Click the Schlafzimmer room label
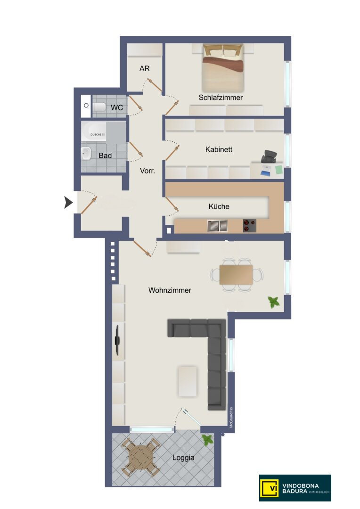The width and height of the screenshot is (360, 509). tap(221, 98)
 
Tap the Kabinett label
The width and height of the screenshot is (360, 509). tap(219, 149)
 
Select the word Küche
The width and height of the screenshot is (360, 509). tap(219, 206)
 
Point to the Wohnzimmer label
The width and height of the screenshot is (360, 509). tap(170, 290)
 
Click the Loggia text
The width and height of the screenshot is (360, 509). tap(183, 458)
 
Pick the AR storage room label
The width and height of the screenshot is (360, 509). tap(145, 68)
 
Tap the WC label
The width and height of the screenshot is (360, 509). tap(117, 107)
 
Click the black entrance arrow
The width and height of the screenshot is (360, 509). tap(68, 202)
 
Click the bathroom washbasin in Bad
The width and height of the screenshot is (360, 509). tap(86, 153)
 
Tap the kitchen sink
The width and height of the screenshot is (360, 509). tap(217, 226)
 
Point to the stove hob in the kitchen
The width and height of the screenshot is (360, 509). tap(250, 226)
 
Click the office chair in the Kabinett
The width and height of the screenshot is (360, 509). tap(269, 156)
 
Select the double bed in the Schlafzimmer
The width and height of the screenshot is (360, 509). tap(223, 67)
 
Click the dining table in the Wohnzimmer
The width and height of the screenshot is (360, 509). tap(236, 275)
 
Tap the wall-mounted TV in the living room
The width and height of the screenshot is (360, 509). tap(117, 340)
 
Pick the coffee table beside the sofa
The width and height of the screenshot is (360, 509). tap(188, 381)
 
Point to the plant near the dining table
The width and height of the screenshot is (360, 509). tap(273, 302)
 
